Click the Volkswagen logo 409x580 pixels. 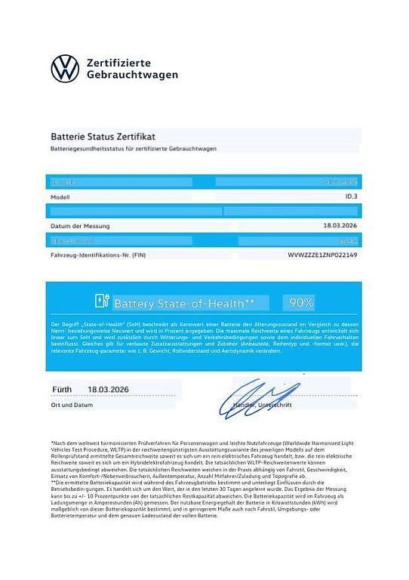tap(65, 69)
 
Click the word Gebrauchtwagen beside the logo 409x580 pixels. tap(133, 76)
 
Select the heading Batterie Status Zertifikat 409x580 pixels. tap(103, 137)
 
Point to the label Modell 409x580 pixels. tap(60, 196)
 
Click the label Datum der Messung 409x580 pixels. tap(80, 225)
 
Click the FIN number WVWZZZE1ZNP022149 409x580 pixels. tap(322, 255)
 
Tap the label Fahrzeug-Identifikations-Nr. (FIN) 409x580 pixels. tap(97, 255)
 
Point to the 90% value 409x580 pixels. tap(301, 303)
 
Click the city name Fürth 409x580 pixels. tap(62, 390)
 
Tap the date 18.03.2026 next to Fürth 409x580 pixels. tap(109, 390)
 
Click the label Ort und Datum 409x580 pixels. tap(72, 405)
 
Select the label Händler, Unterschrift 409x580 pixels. tap(265, 406)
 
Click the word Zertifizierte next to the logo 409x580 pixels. tap(119, 62)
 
